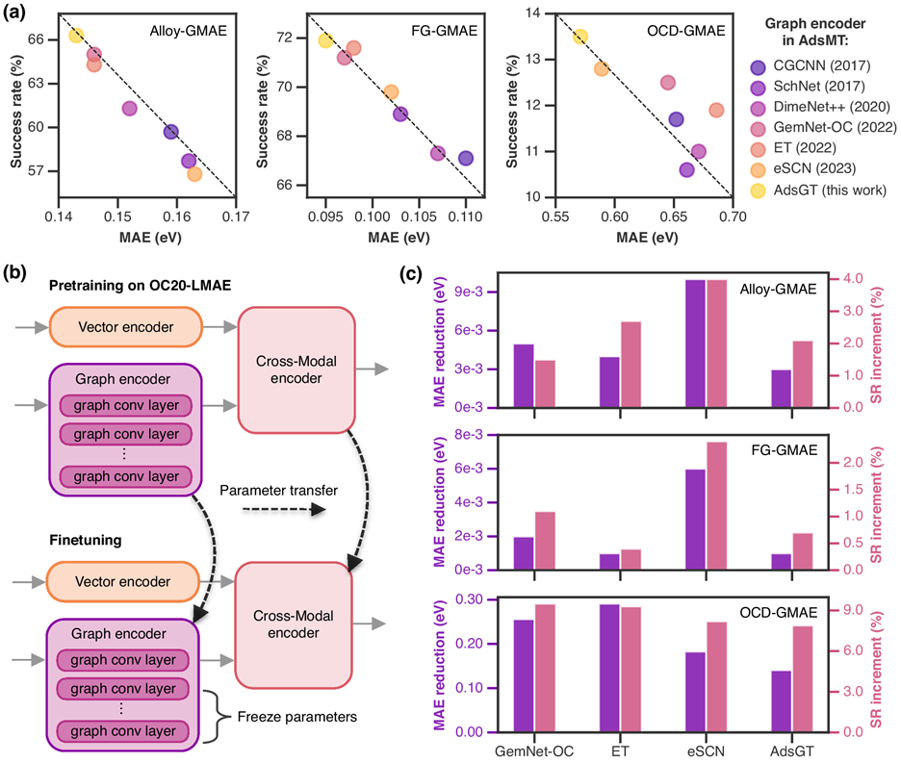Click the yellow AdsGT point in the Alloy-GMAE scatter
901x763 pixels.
76,36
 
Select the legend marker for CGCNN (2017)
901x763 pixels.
759,66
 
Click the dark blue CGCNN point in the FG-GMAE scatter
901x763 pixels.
466,158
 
